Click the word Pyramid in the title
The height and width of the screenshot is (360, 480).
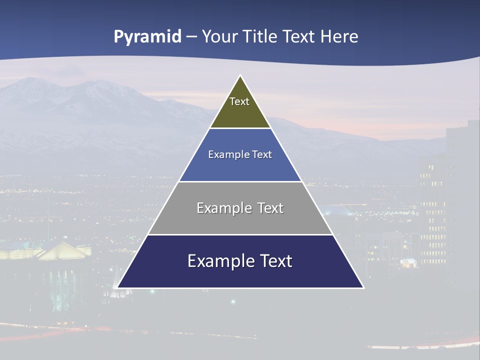(147, 37)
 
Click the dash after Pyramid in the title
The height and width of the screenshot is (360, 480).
(191, 37)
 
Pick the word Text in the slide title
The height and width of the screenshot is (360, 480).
(299, 37)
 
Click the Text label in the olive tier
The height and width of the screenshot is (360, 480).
(239, 101)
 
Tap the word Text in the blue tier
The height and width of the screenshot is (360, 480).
(262, 155)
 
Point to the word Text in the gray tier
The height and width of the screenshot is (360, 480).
(270, 208)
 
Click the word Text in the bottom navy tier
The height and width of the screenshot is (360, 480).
(275, 261)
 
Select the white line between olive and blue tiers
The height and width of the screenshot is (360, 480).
(240, 128)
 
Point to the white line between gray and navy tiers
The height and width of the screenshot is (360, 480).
(240, 234)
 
